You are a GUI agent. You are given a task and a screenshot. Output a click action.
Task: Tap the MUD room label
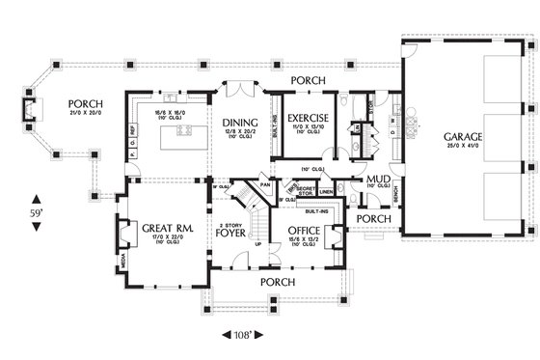click(378, 180)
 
